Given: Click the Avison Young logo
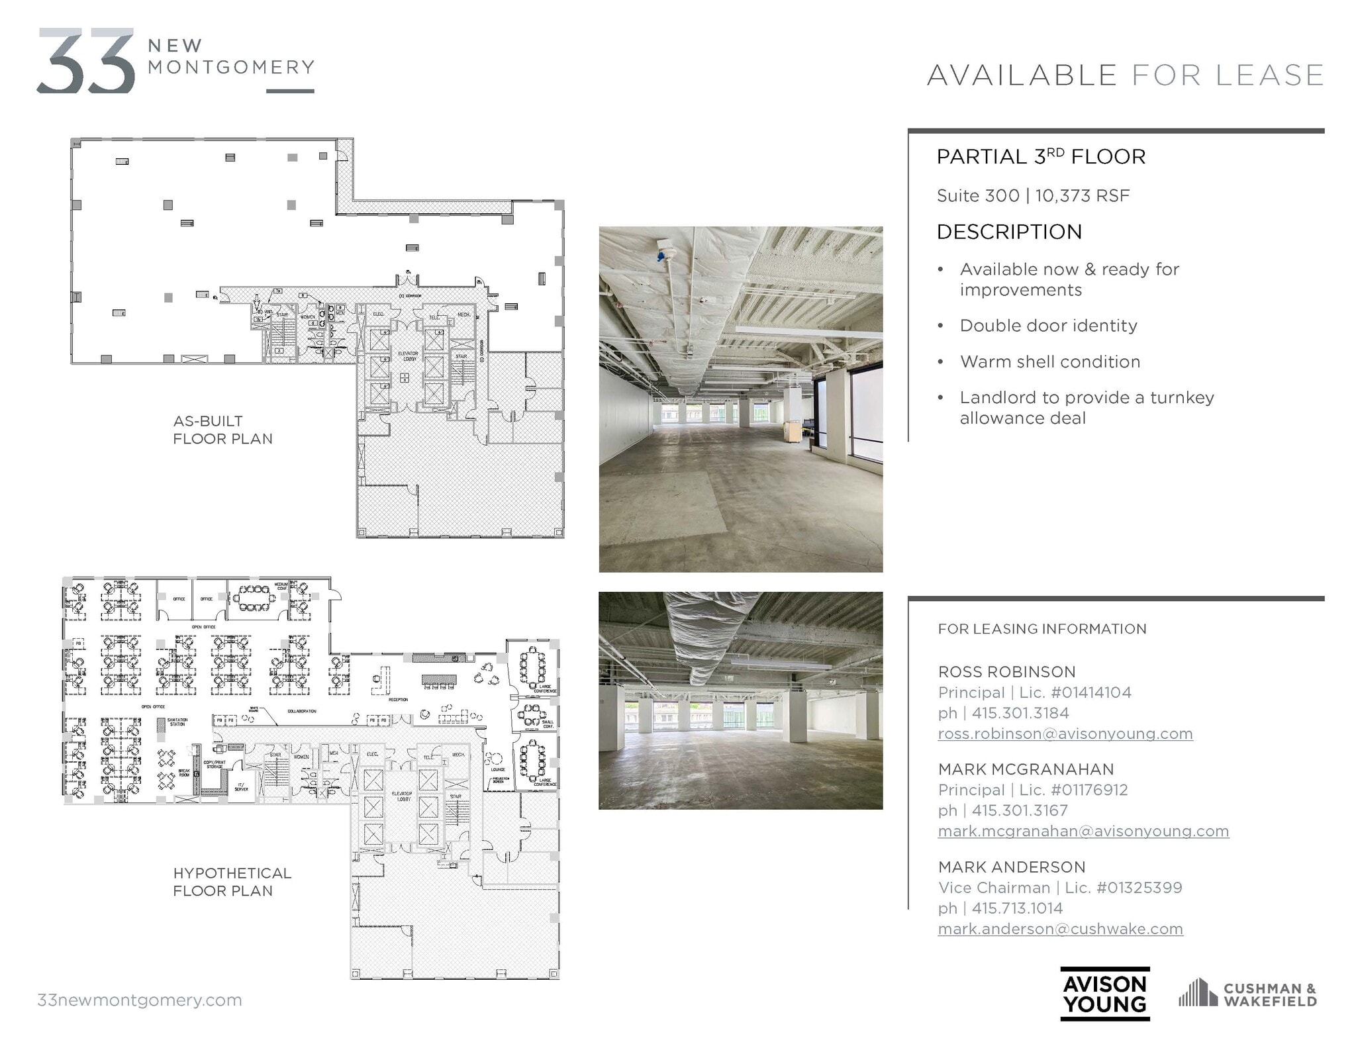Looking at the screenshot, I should (x=1104, y=993).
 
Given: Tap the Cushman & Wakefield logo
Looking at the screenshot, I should (x=1247, y=994).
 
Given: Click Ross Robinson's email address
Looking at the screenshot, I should (x=1065, y=734).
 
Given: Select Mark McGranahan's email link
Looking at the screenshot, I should (x=1083, y=831).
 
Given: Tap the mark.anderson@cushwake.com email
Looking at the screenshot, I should (x=1060, y=929).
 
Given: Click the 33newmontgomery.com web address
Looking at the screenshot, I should (x=140, y=1000).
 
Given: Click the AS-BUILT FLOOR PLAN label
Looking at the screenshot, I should (x=222, y=430).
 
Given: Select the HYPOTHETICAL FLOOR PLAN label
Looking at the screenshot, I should (x=232, y=882).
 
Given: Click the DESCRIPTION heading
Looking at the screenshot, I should (x=1009, y=232).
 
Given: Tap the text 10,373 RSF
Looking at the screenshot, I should (x=1082, y=196).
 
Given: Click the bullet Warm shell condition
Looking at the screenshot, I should (x=1050, y=361).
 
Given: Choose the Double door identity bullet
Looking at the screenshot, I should (x=1048, y=326).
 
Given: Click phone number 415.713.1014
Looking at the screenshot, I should (x=1017, y=908).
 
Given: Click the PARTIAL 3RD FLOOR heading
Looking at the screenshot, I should (x=1041, y=157).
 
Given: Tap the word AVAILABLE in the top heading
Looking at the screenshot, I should (x=1022, y=75).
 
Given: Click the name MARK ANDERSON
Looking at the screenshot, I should (x=1012, y=867).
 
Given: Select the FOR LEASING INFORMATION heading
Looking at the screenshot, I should (x=1042, y=629).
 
